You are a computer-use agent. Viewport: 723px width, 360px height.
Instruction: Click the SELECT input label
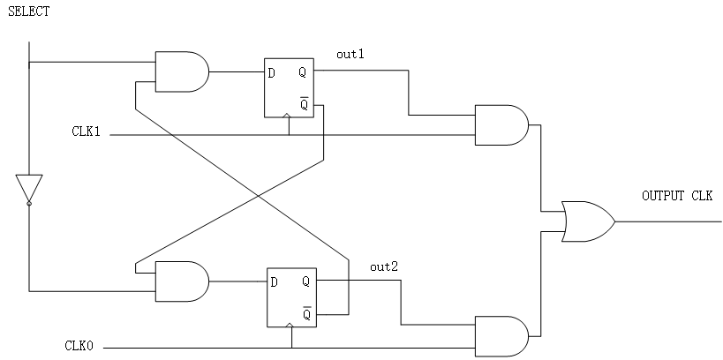pos(28,11)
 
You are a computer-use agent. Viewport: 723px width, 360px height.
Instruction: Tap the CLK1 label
pos(86,131)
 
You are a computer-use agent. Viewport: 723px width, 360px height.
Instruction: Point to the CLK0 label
pos(79,346)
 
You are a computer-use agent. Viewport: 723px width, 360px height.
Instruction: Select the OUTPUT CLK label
pos(677,196)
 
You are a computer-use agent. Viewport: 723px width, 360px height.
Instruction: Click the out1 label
pos(350,55)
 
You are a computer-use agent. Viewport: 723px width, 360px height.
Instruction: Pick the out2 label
pos(384,266)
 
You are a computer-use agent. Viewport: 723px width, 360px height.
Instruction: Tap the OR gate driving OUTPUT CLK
pos(588,221)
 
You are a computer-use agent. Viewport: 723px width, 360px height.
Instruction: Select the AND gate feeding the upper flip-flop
pos(182,71)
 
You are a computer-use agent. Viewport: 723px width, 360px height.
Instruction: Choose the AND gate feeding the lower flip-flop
pos(182,281)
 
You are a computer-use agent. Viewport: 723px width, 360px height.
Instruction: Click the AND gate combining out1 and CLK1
pos(502,125)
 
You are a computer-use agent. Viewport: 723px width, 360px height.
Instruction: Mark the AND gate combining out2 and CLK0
pos(502,336)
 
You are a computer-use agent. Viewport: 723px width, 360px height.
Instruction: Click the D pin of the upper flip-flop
pos(272,73)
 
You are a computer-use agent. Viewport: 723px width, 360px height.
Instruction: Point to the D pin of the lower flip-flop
pos(274,282)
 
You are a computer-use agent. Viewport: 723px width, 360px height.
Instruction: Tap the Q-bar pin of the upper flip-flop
pos(305,104)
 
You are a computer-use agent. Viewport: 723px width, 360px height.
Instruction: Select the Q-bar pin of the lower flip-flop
pos(306,314)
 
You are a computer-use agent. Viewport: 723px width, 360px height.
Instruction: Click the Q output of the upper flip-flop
pos(303,72)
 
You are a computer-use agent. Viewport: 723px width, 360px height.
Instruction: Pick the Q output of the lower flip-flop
pos(305,281)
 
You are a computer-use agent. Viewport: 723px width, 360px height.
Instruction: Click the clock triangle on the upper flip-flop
pos(287,115)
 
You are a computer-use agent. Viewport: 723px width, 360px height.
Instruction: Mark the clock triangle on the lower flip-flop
pos(290,325)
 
